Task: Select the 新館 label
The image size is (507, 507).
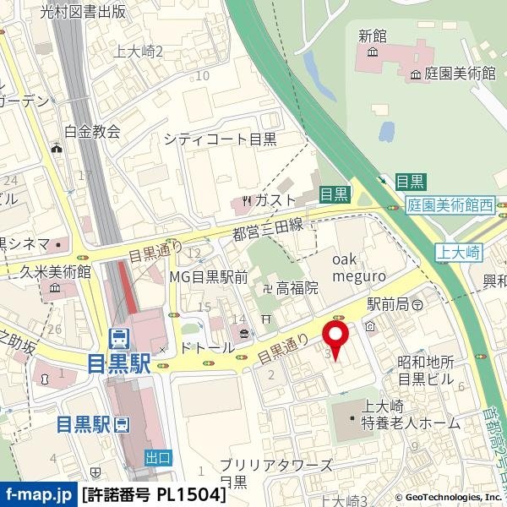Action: [372, 35]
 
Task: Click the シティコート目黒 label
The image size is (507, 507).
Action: [221, 139]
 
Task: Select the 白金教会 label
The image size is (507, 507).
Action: [93, 131]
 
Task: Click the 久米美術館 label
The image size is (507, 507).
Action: [57, 271]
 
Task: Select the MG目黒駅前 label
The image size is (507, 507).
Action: [208, 276]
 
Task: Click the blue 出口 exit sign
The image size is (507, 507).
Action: [158, 457]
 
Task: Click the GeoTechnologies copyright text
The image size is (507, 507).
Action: [441, 499]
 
